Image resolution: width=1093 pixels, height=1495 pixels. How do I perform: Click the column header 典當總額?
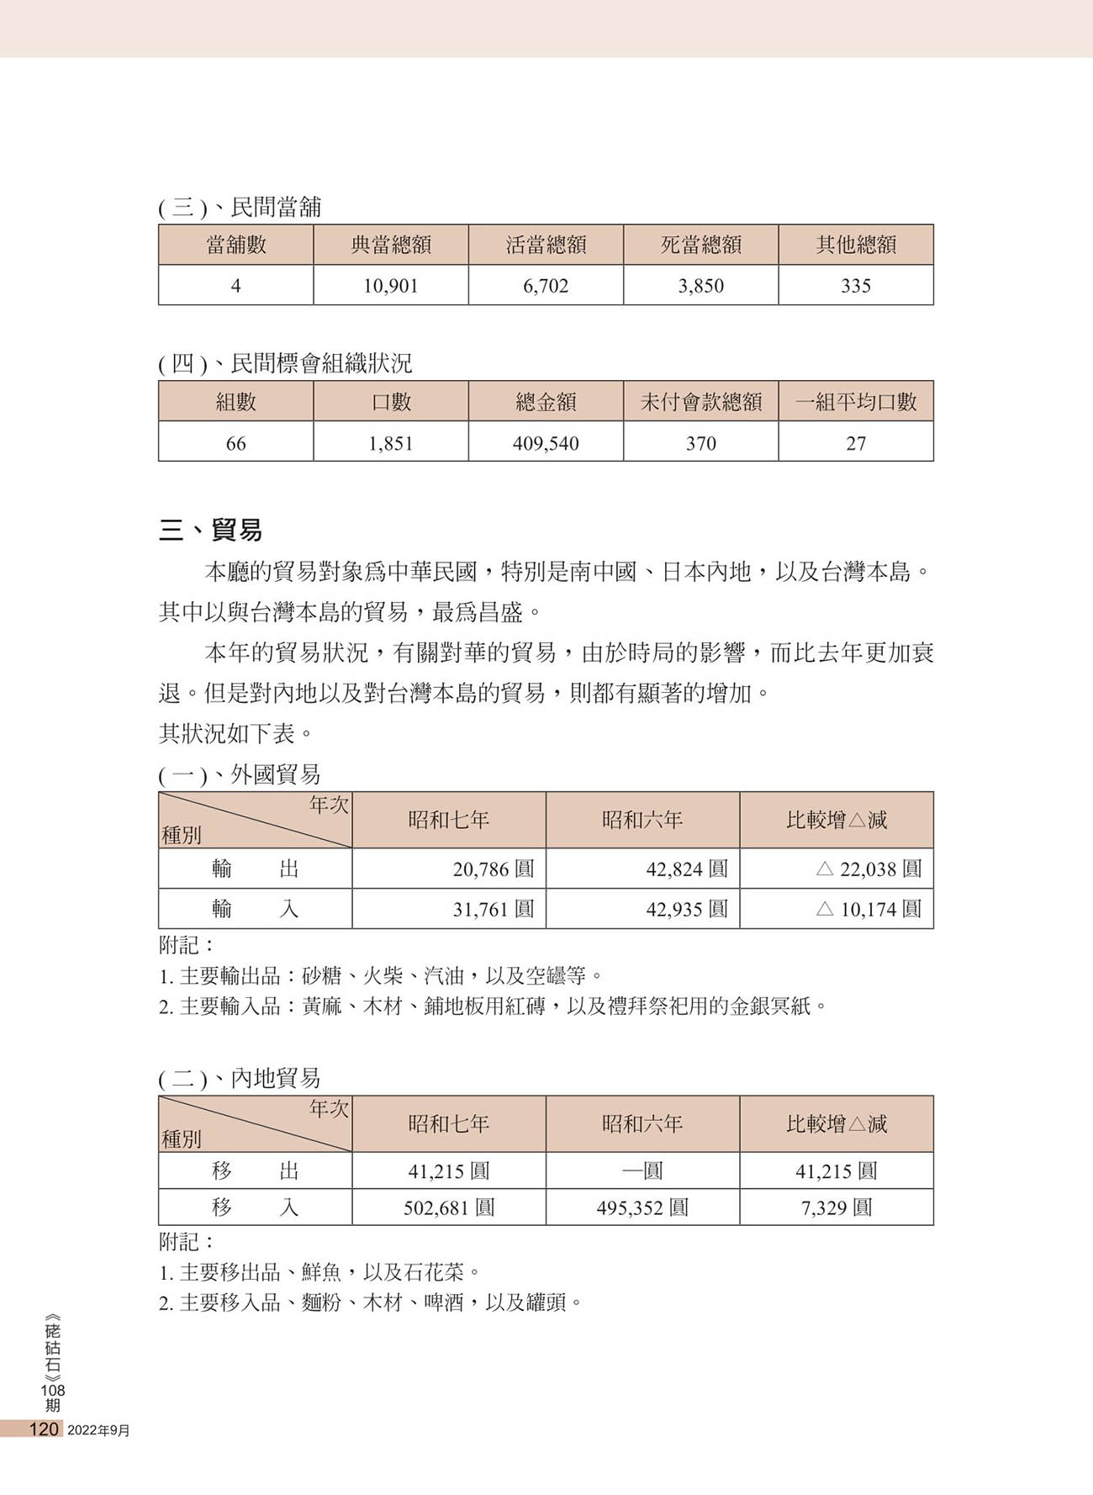[391, 245]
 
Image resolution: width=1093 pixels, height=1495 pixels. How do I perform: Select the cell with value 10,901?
[391, 286]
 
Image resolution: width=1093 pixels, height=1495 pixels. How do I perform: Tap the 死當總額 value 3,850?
[700, 286]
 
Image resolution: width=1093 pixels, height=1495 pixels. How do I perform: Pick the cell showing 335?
[855, 286]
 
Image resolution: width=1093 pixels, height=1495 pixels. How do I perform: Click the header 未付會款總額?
[700, 402]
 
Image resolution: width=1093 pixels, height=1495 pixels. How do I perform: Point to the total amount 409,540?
[546, 443]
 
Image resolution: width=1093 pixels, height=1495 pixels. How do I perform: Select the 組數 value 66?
[236, 443]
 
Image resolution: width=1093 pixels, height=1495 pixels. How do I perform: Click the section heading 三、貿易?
[210, 530]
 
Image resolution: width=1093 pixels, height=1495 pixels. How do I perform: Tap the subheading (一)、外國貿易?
[240, 774]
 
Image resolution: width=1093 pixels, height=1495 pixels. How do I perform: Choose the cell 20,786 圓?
[493, 869]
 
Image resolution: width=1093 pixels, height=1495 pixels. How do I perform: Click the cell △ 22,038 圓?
[869, 869]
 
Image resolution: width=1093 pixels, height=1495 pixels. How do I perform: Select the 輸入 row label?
[255, 909]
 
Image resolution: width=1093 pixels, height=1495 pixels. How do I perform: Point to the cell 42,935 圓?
[686, 909]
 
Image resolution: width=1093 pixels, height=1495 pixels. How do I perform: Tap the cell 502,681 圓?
[449, 1207]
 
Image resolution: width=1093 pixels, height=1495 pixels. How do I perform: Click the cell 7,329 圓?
[837, 1207]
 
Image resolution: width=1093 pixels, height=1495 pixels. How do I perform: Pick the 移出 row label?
[255, 1170]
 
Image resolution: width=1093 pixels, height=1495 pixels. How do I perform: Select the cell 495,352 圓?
[642, 1207]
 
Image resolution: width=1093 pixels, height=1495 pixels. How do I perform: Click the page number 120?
[44, 1429]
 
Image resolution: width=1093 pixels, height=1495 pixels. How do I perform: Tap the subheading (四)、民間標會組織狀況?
[285, 363]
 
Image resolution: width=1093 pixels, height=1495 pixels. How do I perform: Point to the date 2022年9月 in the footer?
[98, 1430]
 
